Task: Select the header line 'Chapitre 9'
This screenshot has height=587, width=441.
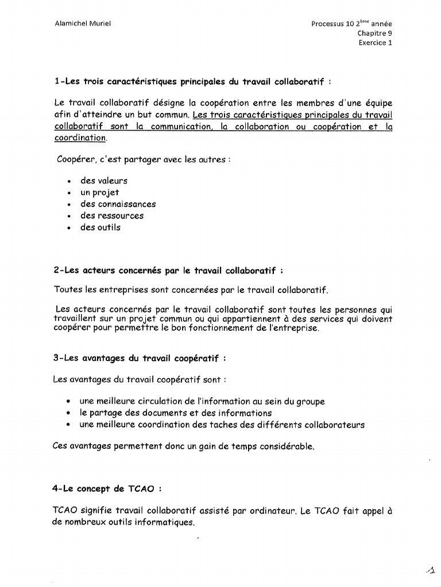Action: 375,33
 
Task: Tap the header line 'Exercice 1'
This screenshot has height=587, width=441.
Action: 376,42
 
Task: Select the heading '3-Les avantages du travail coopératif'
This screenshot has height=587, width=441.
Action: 139,358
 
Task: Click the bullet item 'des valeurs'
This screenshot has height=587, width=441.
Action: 104,181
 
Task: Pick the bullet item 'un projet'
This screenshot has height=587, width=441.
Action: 99,193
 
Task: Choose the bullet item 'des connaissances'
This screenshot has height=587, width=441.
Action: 118,204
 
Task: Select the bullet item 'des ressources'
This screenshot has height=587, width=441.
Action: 112,216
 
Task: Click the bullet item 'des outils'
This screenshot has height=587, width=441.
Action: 100,227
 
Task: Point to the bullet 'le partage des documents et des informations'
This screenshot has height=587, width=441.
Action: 176,413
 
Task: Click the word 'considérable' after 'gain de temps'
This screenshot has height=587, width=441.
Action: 288,447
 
